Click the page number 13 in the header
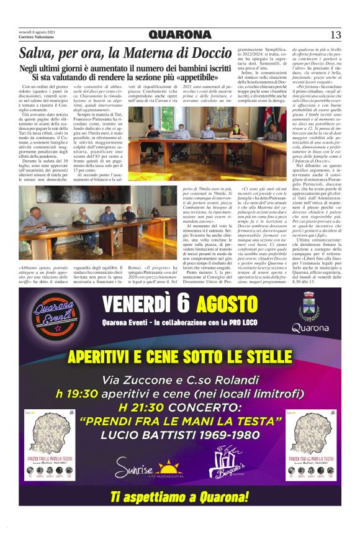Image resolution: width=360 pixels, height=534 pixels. [x=335, y=34]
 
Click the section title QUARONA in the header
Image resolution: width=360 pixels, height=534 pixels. [x=179, y=34]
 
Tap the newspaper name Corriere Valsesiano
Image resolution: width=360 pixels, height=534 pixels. [x=38, y=39]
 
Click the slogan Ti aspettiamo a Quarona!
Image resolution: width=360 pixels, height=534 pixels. [x=180, y=497]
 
